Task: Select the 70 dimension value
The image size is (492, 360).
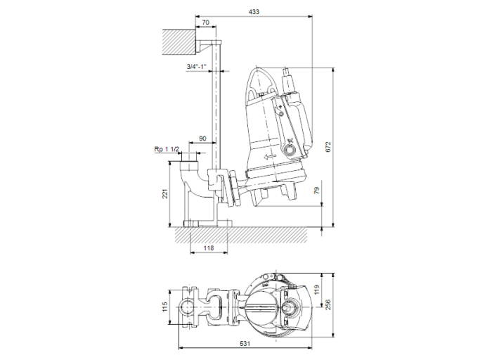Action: click(x=205, y=23)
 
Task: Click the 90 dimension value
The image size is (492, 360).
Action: click(x=202, y=139)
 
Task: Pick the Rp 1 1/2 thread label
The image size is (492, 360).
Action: click(x=167, y=150)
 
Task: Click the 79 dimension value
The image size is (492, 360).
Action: click(x=316, y=191)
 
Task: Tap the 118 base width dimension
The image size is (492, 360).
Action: click(x=208, y=247)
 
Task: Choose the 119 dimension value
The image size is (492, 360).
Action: click(x=316, y=288)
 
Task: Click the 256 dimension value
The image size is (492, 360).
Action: click(x=327, y=304)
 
